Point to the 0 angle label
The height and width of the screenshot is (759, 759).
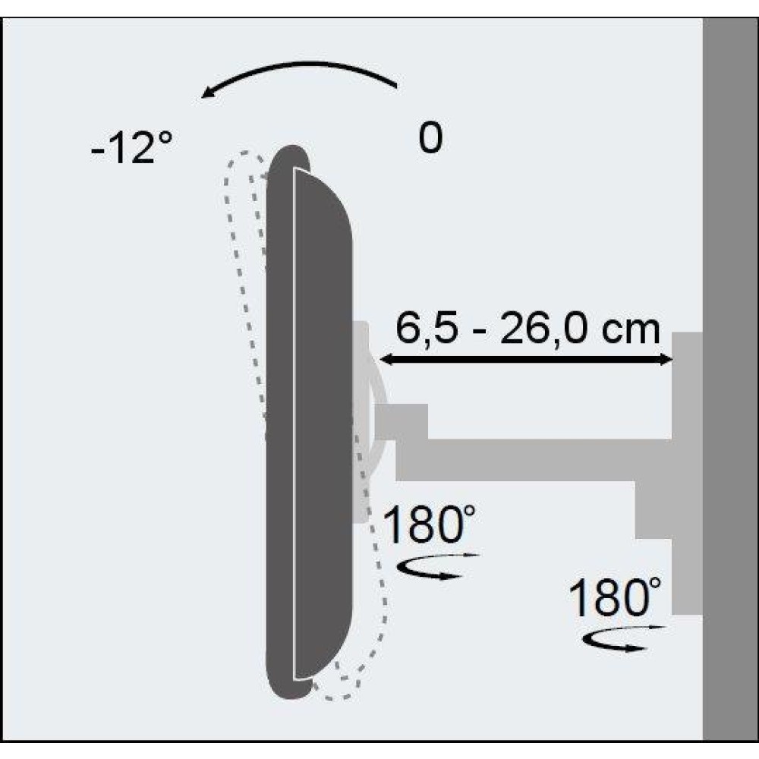430,139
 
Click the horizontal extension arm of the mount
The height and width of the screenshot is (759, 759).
531,459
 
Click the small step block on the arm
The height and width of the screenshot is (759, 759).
402,421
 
